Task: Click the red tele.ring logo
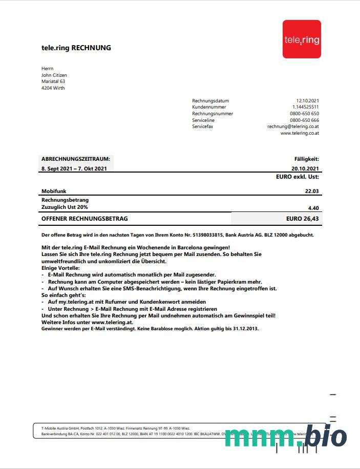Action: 302,39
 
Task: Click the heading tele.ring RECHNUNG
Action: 76,48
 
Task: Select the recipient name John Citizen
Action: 54,75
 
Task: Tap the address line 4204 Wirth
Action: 53,88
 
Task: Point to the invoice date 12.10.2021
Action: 307,101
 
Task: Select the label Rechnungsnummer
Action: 213,114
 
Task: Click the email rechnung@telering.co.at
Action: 293,126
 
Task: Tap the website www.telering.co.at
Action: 300,133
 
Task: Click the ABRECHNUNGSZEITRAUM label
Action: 76,159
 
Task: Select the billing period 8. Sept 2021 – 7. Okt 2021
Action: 74,168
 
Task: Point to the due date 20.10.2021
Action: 305,168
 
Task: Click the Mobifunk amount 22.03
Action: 312,191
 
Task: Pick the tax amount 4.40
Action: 313,208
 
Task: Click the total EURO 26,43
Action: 303,219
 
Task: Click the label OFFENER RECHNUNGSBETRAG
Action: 85,219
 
